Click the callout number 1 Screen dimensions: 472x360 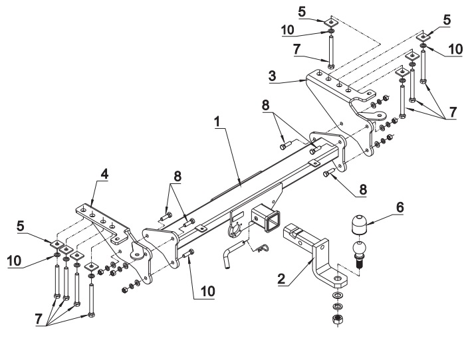coord(217,122)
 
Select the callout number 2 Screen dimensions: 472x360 coord(281,279)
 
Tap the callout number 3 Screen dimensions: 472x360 coord(273,76)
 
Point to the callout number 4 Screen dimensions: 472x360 coord(104,174)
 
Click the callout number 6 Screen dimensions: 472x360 coord(400,207)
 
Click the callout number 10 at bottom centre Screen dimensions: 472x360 coord(208,291)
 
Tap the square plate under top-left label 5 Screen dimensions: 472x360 coord(330,23)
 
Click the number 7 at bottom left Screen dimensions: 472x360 coord(38,319)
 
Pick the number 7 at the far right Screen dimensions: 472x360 coord(453,112)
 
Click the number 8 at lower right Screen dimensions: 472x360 coord(363,190)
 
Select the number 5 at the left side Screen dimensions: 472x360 coord(21,226)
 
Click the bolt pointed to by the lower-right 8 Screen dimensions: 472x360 coord(328,172)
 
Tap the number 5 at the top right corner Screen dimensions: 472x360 coord(447,20)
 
